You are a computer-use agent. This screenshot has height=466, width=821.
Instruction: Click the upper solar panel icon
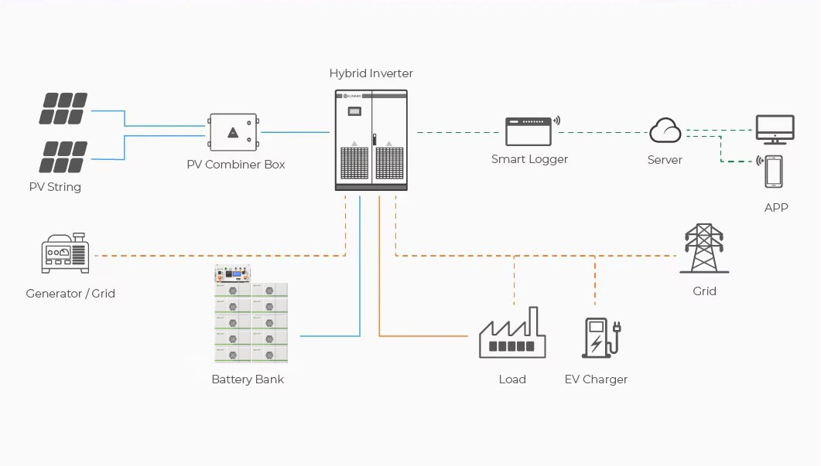pyautogui.click(x=63, y=109)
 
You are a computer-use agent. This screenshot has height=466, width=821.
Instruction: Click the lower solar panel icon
pyautogui.click(x=63, y=157)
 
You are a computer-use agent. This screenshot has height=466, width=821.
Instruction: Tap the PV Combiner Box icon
pyautogui.click(x=233, y=133)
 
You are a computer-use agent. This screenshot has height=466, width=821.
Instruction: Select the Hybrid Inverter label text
pyautogui.click(x=371, y=73)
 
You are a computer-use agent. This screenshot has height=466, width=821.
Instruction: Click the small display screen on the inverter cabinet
pyautogui.click(x=354, y=111)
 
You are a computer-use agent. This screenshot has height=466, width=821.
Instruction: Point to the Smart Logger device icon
pyautogui.click(x=529, y=131)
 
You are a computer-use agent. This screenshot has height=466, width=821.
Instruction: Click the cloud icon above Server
pyautogui.click(x=665, y=131)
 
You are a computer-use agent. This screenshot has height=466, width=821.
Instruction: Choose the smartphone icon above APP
pyautogui.click(x=773, y=172)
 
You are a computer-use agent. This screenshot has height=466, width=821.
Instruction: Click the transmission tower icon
pyautogui.click(x=703, y=249)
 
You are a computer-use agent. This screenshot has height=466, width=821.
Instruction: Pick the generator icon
pyautogui.click(x=65, y=253)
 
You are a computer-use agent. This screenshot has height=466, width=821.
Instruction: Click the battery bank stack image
pyautogui.click(x=250, y=315)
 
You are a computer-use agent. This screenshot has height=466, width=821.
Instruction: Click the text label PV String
pyautogui.click(x=55, y=187)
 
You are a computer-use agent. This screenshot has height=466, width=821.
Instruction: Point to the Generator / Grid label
pyautogui.click(x=70, y=294)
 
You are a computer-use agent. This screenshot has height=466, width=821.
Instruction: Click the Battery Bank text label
pyautogui.click(x=248, y=379)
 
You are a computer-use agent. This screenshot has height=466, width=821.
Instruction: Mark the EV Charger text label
pyautogui.click(x=596, y=379)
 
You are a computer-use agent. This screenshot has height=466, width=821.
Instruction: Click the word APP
pyautogui.click(x=776, y=208)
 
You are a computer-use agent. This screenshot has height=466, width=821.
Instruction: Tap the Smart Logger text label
pyautogui.click(x=529, y=159)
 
